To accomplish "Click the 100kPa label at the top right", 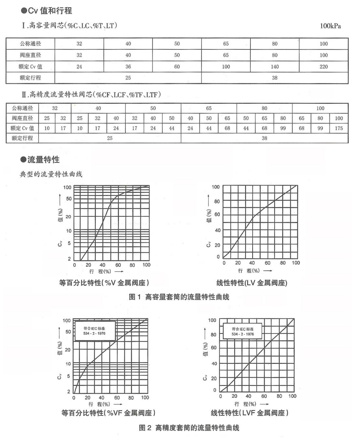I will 330,27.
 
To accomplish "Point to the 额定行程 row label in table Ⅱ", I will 23,138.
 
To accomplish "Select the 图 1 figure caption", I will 179,297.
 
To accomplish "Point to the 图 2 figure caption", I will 179,427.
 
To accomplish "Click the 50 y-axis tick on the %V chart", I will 69,198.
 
